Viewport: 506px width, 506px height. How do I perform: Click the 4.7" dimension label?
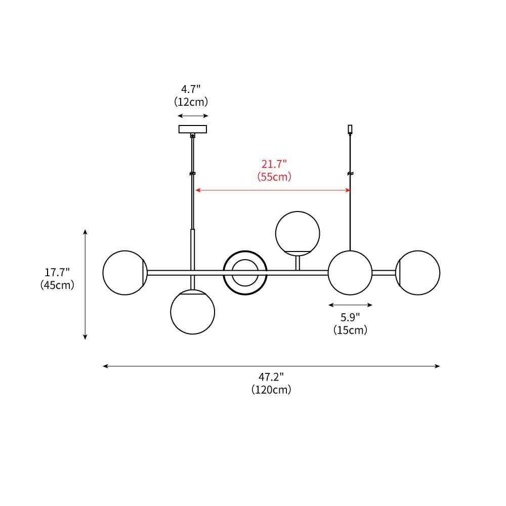click(x=192, y=90)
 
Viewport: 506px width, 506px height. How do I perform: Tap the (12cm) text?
click(x=192, y=102)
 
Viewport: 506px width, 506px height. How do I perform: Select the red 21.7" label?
click(x=274, y=164)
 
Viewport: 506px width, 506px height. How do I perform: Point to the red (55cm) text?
click(x=274, y=177)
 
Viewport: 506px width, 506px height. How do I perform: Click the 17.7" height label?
click(x=57, y=272)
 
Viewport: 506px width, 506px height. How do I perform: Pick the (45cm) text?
click(x=57, y=285)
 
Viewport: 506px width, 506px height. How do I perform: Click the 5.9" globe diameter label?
click(x=350, y=318)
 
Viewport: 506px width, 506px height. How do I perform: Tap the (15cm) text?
click(x=350, y=330)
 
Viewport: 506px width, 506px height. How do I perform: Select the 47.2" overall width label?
click(x=271, y=377)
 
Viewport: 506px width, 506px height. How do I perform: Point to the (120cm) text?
click(x=271, y=390)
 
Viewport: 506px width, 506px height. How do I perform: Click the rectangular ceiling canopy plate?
click(x=193, y=129)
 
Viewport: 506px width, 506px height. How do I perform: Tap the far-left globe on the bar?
click(x=124, y=272)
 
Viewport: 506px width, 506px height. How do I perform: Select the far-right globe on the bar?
click(x=418, y=272)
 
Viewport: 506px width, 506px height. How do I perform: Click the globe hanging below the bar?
click(x=192, y=312)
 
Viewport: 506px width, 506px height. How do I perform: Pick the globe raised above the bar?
click(x=298, y=233)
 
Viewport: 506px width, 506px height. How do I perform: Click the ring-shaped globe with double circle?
click(x=245, y=272)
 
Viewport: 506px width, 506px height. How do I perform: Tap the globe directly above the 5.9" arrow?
click(x=350, y=272)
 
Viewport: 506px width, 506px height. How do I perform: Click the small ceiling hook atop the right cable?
click(x=350, y=130)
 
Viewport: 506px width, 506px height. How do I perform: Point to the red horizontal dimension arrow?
click(x=273, y=190)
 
